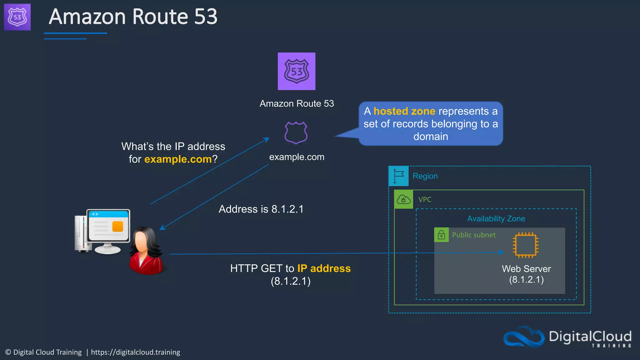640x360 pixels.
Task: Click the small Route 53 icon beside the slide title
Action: tap(17, 17)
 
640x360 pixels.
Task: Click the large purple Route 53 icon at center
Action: tap(296, 71)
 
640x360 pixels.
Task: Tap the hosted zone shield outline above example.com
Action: tap(296, 133)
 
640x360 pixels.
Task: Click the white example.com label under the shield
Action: tap(297, 157)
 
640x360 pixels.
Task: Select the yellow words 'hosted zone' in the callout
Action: tap(404, 111)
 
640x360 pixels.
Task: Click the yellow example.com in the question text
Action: tap(178, 159)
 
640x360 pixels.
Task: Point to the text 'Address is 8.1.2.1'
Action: tap(261, 209)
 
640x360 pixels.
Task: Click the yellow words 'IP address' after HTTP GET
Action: tap(324, 268)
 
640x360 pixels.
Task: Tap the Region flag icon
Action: tap(398, 176)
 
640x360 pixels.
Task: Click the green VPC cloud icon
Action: tap(403, 199)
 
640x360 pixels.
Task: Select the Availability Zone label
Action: tap(496, 219)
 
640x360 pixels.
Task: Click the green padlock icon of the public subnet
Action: tap(441, 235)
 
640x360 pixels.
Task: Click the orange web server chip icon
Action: tap(526, 245)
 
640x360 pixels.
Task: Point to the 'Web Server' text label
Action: tap(526, 269)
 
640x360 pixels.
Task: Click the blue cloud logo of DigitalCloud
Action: tap(524, 337)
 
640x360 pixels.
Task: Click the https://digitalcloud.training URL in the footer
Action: tap(135, 352)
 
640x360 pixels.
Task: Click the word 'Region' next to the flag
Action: tap(425, 176)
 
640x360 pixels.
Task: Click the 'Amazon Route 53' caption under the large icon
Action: tap(297, 103)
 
